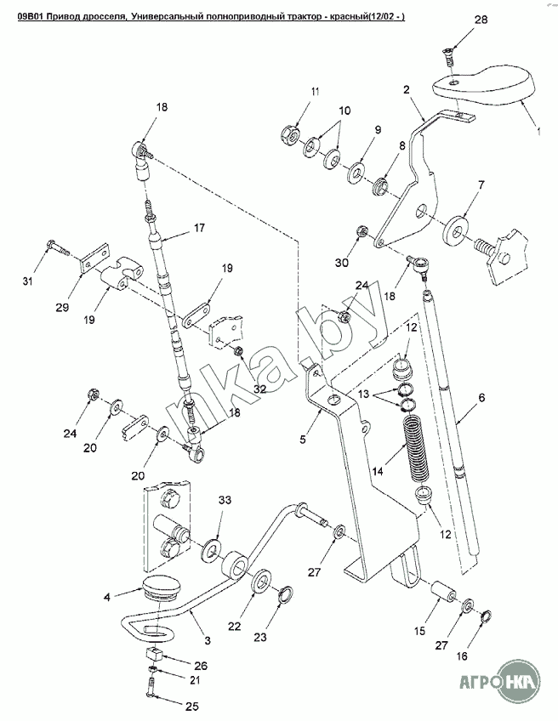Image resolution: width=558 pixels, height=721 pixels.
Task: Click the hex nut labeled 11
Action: point(290,133)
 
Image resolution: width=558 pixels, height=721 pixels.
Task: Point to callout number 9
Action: point(378,130)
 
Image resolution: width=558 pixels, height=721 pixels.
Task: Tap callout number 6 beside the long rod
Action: point(481,397)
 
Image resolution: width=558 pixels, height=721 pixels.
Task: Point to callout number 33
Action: point(225,500)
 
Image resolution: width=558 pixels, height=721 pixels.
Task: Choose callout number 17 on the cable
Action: point(199,228)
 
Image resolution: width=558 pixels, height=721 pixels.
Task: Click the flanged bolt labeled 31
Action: point(57,247)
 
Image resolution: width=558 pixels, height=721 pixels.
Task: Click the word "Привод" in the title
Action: point(60,17)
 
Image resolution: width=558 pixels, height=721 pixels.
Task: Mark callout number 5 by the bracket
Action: point(302,439)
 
